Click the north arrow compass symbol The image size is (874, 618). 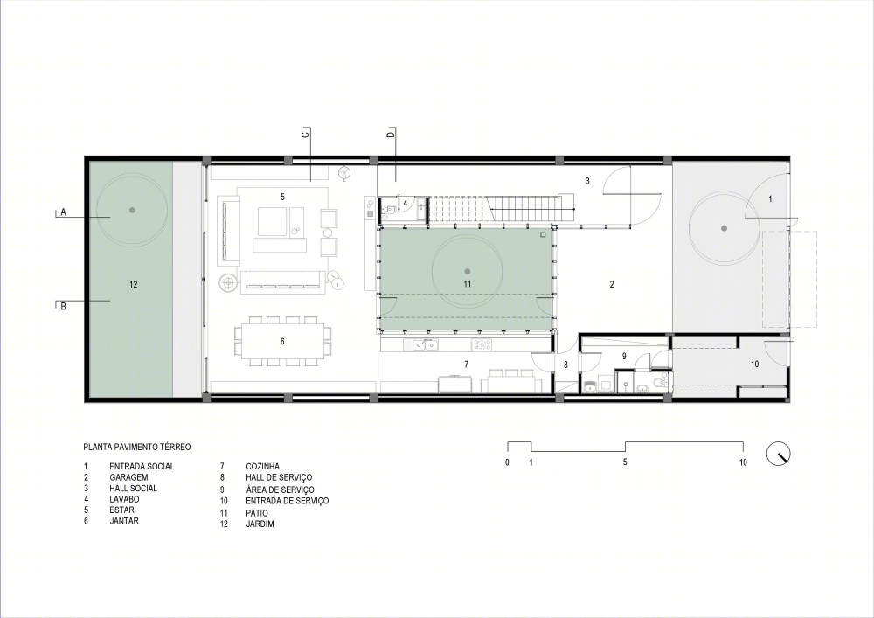point(779,454)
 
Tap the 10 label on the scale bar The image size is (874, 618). point(743,462)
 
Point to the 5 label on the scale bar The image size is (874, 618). point(625,462)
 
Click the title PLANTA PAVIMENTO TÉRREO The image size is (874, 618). point(137,447)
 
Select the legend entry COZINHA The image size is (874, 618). point(262,467)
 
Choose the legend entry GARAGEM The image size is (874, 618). point(128,477)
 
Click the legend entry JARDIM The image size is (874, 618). point(260,524)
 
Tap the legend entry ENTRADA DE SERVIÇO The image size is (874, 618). point(287,501)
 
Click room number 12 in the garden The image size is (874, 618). point(133,284)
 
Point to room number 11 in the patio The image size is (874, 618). point(467,283)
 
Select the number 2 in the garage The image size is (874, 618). point(612,284)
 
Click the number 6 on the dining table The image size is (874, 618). point(282,341)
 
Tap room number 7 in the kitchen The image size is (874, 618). point(466,365)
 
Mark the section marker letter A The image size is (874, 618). point(64,212)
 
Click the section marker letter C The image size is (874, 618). point(305,134)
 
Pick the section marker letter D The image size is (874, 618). point(391,134)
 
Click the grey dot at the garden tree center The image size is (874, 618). point(132,210)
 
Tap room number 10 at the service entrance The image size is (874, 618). point(755,365)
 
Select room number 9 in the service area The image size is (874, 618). point(624,356)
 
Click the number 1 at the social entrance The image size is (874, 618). point(771,198)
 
